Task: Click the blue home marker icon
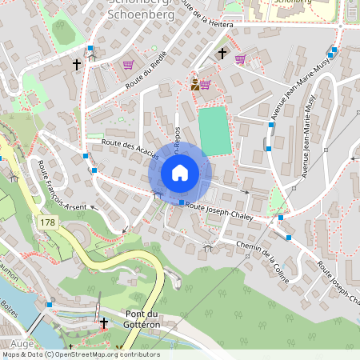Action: (179, 172)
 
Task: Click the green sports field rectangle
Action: (214, 130)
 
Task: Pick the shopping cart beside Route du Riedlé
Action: (128, 65)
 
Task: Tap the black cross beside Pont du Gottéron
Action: (104, 322)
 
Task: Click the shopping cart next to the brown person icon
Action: (205, 84)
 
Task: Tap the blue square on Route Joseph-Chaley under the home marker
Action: (182, 202)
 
